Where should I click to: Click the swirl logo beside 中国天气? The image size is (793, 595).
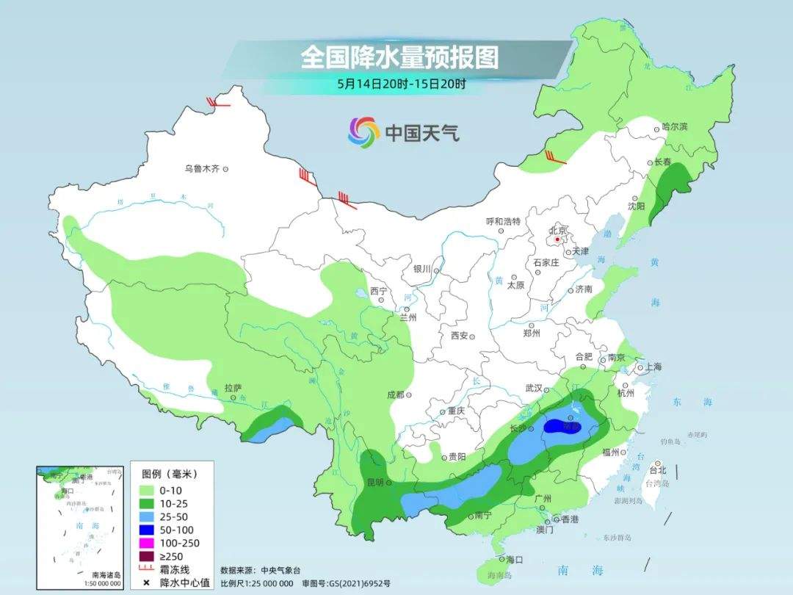[x=363, y=132]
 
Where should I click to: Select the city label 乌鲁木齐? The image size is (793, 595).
[x=202, y=169]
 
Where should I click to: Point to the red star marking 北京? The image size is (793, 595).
[x=558, y=239]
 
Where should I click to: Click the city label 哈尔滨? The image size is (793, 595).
[x=674, y=127]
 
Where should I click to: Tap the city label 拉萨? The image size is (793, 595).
[x=233, y=388]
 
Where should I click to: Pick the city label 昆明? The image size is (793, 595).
[x=375, y=483]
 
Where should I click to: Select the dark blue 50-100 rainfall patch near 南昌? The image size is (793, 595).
[x=564, y=428]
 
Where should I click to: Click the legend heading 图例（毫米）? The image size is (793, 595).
[x=167, y=473]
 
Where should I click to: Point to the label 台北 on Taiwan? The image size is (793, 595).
[x=658, y=470]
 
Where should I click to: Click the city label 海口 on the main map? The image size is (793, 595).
[x=515, y=560]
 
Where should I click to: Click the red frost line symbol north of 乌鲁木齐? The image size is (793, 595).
[x=218, y=104]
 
